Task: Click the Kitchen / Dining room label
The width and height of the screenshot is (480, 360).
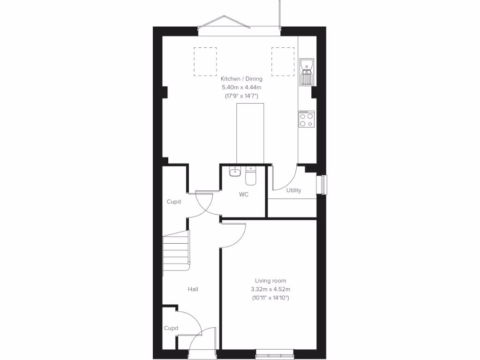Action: [x=241, y=79]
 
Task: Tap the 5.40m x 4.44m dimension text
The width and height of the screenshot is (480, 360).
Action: [x=241, y=87]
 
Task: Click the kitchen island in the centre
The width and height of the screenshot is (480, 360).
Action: [x=250, y=134]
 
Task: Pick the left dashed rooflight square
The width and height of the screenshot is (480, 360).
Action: [x=205, y=61]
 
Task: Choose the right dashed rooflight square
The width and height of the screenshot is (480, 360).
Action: [x=283, y=61]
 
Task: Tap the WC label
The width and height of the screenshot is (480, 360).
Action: [x=244, y=194]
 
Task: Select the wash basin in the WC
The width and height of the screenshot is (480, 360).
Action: [x=235, y=172]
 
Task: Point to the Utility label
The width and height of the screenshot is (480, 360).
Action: [x=294, y=190]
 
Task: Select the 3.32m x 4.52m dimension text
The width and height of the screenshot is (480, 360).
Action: [x=270, y=289]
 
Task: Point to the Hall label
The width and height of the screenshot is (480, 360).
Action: [x=193, y=289]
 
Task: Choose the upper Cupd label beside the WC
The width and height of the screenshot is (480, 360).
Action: [x=174, y=202]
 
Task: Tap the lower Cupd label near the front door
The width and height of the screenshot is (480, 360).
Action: [x=171, y=328]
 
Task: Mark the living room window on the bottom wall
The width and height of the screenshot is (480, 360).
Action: [x=275, y=351]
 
